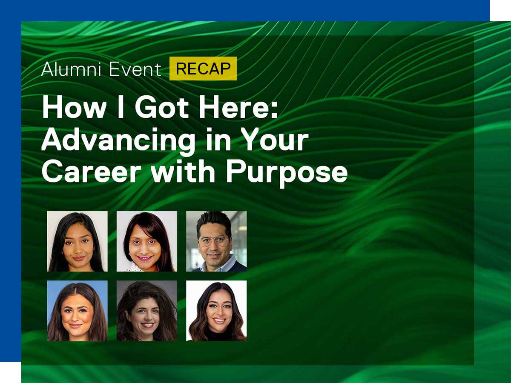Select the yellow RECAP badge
(203, 69)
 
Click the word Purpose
(286, 172)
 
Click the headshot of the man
(216, 241)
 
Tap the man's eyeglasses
(214, 241)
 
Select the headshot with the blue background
(77, 311)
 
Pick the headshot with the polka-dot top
(147, 241)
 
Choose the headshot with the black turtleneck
(216, 311)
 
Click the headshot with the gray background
(147, 311)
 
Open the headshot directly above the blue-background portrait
(77, 241)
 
